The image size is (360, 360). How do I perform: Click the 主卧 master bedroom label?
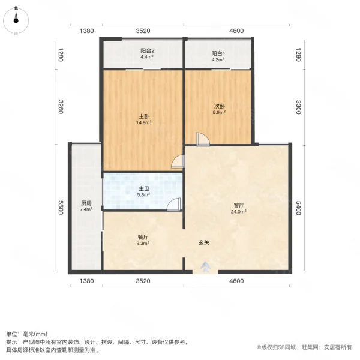(143, 116)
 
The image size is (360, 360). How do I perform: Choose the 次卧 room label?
(220, 107)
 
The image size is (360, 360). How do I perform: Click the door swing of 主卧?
(178, 161)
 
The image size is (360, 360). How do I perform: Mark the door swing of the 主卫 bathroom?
(174, 205)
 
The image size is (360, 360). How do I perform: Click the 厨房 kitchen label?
(86, 203)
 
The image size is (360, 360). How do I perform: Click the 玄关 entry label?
(205, 243)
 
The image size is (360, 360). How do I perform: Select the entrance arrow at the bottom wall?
(206, 267)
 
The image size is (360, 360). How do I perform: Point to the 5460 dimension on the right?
(298, 208)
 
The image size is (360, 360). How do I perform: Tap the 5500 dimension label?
(61, 208)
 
